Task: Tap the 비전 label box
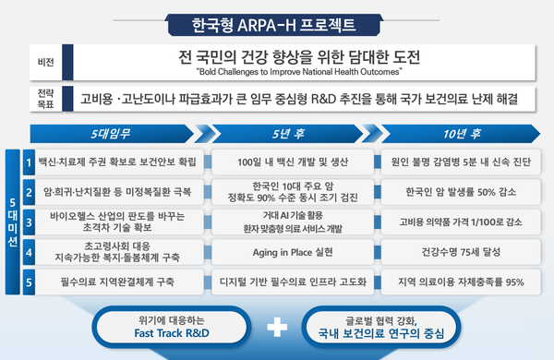point(43,62)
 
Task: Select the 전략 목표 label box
point(43,100)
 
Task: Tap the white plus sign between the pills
point(274,328)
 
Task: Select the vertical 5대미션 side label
point(12,222)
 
